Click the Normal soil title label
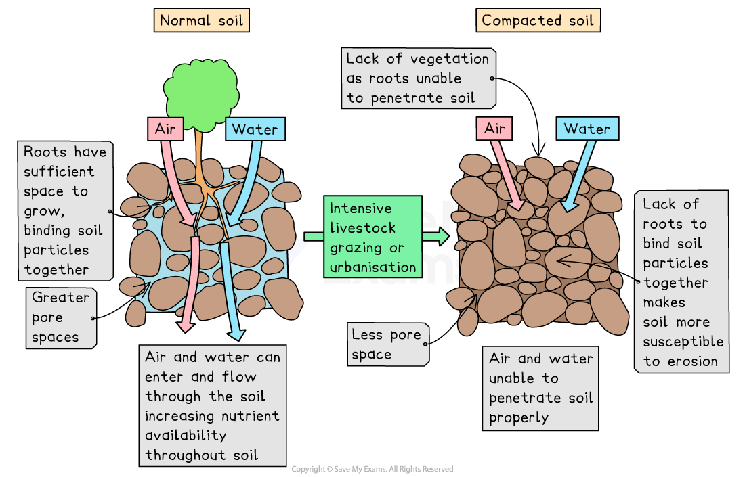pyautogui.click(x=201, y=20)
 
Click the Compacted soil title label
pyautogui.click(x=537, y=20)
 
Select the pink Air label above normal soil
pyautogui.click(x=165, y=129)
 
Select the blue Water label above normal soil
pyautogui.click(x=255, y=129)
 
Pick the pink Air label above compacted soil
pyautogui.click(x=495, y=129)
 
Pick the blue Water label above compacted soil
pyautogui.click(x=587, y=129)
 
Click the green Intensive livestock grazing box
pyautogui.click(x=372, y=236)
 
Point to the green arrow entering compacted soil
pyautogui.click(x=435, y=236)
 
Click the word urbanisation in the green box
pyautogui.click(x=373, y=267)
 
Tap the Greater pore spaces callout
pyautogui.click(x=60, y=317)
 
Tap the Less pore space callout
pyautogui.click(x=386, y=344)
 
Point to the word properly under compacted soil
pyautogui.click(x=519, y=417)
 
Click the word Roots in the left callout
pyautogui.click(x=46, y=152)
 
